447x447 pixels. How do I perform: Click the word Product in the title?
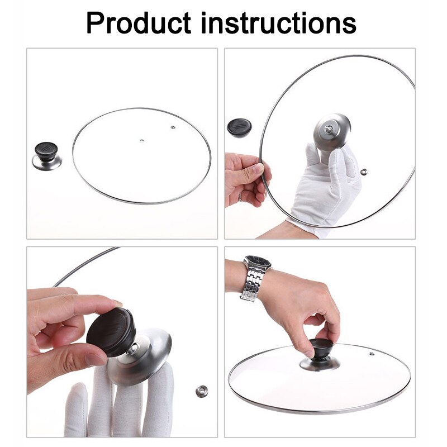click(x=138, y=23)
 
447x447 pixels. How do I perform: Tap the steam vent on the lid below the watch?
click(x=370, y=353)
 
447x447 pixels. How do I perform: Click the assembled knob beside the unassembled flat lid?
click(x=46, y=156)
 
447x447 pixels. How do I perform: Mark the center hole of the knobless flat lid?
click(x=142, y=140)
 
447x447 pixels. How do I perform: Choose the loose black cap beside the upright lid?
click(x=239, y=127)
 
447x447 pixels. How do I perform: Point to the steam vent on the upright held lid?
click(x=364, y=171)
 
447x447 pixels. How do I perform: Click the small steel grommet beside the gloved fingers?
click(x=202, y=391)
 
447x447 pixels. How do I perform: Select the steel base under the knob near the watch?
click(x=320, y=364)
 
